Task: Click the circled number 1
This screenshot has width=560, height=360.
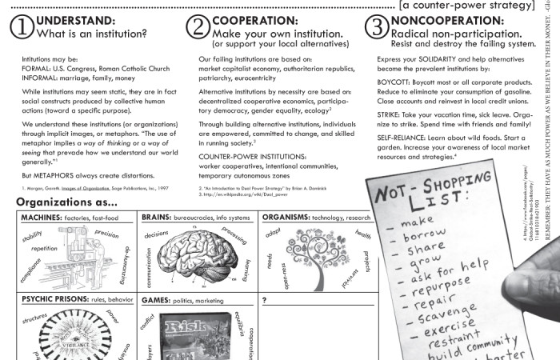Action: click(x=22, y=26)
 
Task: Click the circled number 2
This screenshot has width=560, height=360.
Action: click(x=198, y=26)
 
